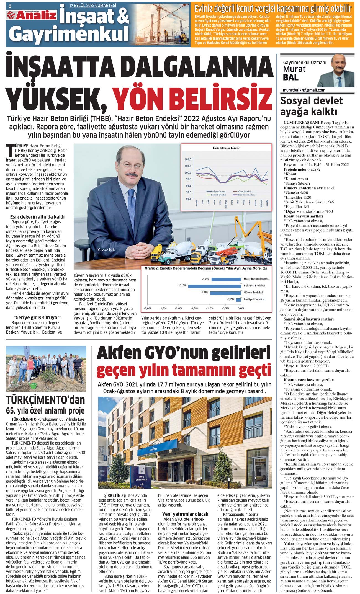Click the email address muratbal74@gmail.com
tap(304, 90)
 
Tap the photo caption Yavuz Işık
tap(106, 249)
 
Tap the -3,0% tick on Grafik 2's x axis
tap(147, 308)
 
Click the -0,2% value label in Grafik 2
tap(230, 299)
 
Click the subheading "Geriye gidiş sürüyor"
tap(37, 317)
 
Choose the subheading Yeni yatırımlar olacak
tap(185, 514)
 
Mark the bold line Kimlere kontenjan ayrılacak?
tap(309, 188)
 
